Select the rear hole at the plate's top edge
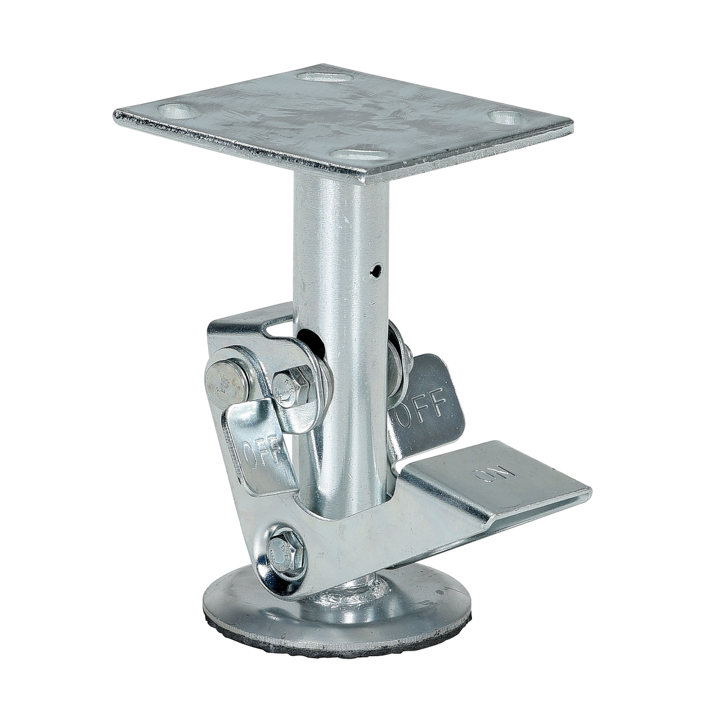323,76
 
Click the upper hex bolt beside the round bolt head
291,387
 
